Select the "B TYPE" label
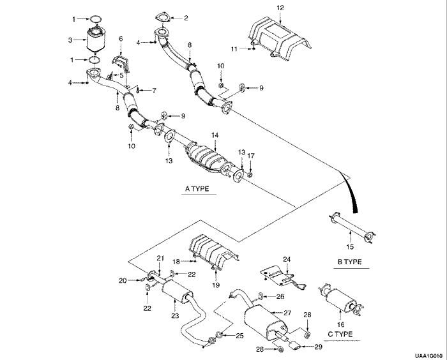349,262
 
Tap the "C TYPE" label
340,333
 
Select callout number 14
215,135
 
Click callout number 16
340,324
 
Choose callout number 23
174,315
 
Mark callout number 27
287,313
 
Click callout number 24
287,259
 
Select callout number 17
251,155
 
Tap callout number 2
186,18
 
